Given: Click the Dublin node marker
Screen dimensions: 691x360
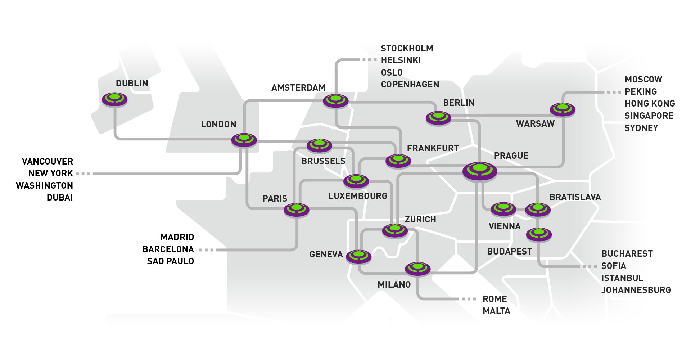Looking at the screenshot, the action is (x=114, y=99).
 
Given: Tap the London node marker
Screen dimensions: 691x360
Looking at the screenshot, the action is (x=244, y=140).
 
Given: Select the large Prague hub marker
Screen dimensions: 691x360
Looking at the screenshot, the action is (x=480, y=171).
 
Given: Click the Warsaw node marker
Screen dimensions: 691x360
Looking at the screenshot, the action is (x=563, y=109).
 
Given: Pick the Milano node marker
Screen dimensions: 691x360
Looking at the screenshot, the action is (x=418, y=269).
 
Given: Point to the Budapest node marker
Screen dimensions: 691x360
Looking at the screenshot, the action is (x=539, y=234).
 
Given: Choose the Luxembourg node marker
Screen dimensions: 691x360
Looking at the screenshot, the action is (x=356, y=181).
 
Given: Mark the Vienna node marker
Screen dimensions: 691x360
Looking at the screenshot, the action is (x=503, y=209).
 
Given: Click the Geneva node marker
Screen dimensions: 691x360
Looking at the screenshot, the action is (x=358, y=256).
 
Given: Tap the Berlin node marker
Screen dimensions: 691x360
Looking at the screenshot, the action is (x=438, y=118).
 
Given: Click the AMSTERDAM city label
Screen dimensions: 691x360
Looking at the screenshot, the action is (x=298, y=87).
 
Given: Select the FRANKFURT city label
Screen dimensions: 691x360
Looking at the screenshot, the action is (x=433, y=148).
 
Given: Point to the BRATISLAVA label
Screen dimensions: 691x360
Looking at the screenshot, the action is (x=575, y=197).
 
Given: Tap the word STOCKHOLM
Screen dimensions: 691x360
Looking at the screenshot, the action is (x=407, y=48).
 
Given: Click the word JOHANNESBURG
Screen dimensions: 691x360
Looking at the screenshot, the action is (x=636, y=290).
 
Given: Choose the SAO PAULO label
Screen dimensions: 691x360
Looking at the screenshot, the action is (x=171, y=261).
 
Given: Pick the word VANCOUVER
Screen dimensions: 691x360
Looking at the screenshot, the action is (x=48, y=161).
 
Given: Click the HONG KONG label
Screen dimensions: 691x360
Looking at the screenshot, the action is (x=650, y=103).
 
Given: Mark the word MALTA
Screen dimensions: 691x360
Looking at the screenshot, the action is (x=497, y=311).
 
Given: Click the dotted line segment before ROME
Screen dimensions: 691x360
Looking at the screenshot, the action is (x=468, y=299).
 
